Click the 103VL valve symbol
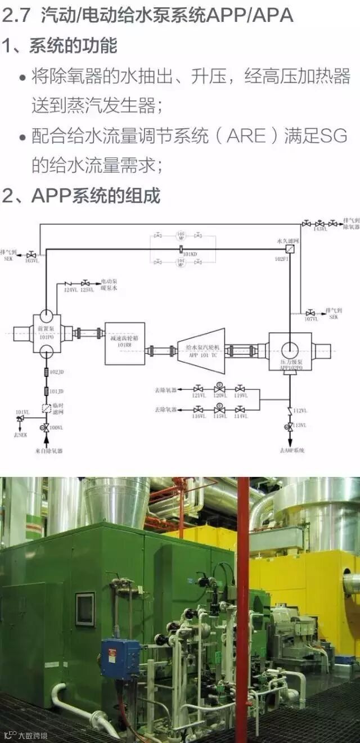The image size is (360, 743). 32,254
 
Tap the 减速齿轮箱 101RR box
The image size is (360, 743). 124,343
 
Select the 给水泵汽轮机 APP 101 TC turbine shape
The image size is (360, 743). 201,352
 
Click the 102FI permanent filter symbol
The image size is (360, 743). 290,249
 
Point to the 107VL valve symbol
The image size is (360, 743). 310,313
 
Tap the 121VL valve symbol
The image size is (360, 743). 198,388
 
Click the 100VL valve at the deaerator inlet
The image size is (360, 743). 43,429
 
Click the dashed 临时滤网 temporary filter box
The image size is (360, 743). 46,409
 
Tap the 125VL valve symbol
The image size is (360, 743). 85,282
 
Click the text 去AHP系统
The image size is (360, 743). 291,451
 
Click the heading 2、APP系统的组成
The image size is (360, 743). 82,195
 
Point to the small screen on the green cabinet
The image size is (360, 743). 85,609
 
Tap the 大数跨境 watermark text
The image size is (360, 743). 33,735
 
